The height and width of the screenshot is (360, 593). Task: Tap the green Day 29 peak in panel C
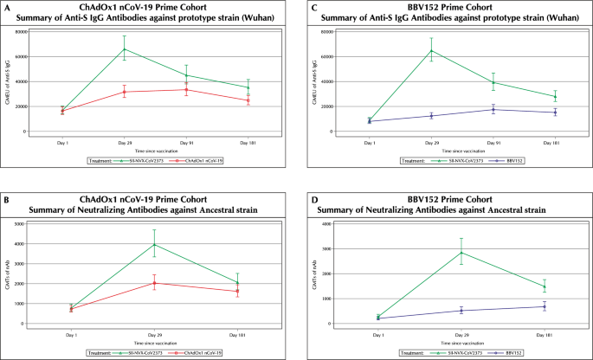[x=432, y=50]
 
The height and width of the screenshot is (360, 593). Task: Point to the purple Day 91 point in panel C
[x=493, y=109]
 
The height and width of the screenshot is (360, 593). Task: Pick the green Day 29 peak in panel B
[x=155, y=244]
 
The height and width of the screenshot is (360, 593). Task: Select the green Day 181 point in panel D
[x=545, y=286]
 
